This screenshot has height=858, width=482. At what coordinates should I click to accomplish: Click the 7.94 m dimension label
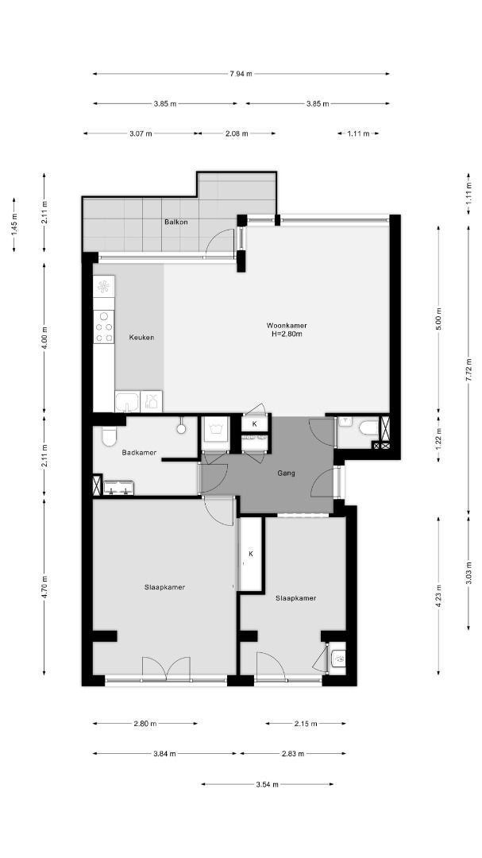tap(241, 74)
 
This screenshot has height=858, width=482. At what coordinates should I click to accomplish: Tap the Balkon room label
tap(176, 222)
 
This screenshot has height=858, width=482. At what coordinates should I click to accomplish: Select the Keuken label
tap(141, 338)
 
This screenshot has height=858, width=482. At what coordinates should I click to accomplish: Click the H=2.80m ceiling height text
tap(287, 333)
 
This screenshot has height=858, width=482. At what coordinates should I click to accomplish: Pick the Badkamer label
tap(139, 453)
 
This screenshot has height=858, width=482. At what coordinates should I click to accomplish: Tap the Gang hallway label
tap(286, 473)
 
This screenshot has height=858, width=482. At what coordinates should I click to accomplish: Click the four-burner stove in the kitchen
tap(104, 327)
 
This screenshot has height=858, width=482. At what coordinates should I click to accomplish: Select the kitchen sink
tap(128, 402)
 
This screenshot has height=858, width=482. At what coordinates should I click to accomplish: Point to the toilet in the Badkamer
tap(108, 436)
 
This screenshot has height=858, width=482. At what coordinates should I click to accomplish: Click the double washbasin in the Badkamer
tap(119, 488)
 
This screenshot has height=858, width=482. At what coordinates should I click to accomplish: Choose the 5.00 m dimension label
tap(438, 319)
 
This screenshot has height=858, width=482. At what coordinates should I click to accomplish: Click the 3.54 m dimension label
tap(267, 784)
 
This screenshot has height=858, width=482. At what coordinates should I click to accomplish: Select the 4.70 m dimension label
tap(44, 586)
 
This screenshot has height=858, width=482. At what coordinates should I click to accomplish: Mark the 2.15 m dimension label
tap(306, 724)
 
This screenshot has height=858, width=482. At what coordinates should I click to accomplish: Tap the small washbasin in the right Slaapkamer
tap(338, 658)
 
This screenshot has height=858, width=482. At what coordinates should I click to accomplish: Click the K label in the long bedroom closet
tap(251, 554)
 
